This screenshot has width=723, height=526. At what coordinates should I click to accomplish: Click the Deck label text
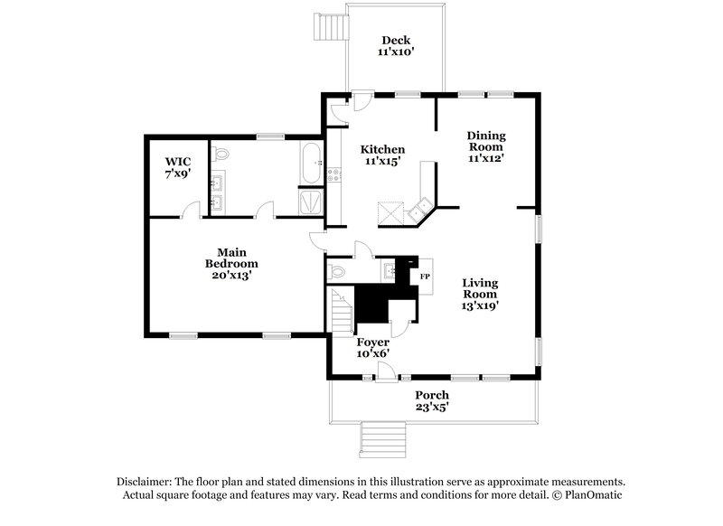[395, 40]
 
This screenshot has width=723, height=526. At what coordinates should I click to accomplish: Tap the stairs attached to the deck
[330, 28]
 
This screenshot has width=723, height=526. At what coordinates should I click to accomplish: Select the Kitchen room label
[382, 149]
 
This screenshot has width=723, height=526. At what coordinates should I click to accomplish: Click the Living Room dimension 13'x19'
[481, 305]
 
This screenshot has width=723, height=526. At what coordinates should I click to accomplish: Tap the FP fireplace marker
[424, 276]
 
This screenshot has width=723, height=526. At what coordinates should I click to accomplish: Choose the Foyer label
[372, 343]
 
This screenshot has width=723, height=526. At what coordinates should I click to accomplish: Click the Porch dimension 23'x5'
[431, 408]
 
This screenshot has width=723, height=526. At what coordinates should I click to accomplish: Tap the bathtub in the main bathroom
[311, 164]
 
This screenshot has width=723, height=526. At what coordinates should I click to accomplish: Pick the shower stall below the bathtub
[310, 202]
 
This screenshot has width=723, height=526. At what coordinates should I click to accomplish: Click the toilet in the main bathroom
[222, 155]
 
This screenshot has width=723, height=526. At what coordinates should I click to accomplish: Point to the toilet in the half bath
[337, 270]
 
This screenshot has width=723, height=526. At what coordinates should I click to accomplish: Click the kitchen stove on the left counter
[334, 173]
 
